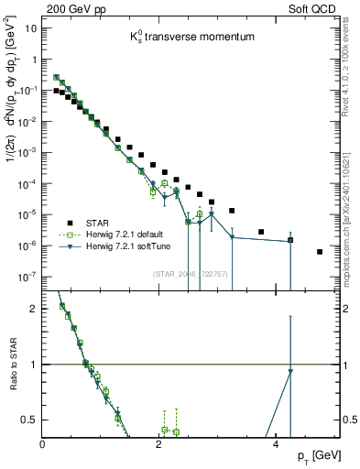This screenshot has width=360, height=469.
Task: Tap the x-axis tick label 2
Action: (159, 445)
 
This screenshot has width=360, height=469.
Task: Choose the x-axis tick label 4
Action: (276, 445)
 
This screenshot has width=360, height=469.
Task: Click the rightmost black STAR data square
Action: (320, 252)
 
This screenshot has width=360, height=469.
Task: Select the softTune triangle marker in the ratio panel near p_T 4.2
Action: (290, 371)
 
